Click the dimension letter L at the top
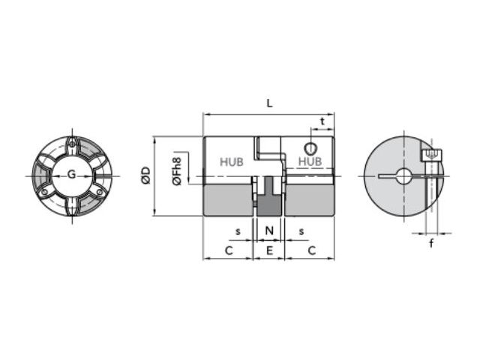pos(269,103)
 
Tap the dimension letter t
pos(322,121)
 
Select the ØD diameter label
pos(146,175)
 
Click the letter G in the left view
pos(71,174)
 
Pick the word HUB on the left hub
pos(232,162)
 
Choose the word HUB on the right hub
pos(310,161)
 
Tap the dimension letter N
pos(269,230)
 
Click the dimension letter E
pos(269,250)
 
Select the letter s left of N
pos(238,232)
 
